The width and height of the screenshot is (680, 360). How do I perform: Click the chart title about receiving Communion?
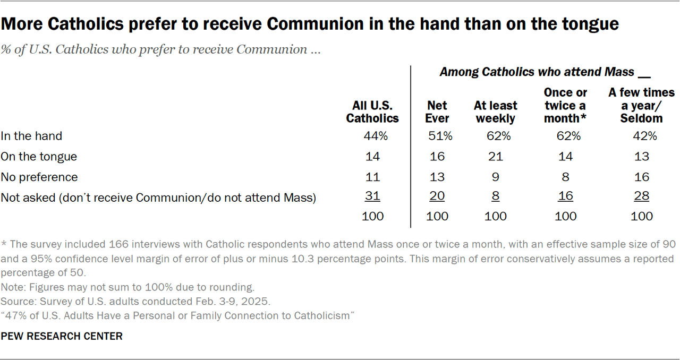click(310, 24)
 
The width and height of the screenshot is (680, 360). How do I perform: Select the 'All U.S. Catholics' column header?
click(372, 112)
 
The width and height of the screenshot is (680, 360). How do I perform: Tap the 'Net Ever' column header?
click(437, 112)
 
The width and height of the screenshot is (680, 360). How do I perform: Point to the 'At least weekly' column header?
click(495, 112)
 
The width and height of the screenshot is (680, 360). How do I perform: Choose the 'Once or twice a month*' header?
click(565, 105)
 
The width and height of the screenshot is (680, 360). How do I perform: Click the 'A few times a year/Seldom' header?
click(641, 105)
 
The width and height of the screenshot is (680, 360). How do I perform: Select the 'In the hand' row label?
click(31, 136)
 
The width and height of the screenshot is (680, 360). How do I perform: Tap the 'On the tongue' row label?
click(39, 157)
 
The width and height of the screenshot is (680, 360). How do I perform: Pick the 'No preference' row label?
click(39, 177)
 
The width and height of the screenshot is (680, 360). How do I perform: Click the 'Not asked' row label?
click(158, 198)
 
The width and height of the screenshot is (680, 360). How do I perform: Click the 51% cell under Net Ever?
click(440, 136)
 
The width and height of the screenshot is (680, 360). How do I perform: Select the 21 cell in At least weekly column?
click(495, 157)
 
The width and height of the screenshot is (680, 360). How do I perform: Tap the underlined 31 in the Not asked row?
click(372, 196)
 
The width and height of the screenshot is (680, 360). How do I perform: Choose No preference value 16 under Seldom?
click(641, 177)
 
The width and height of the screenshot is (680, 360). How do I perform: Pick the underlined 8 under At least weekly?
click(495, 196)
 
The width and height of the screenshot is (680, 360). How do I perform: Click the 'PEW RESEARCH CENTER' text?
click(62, 336)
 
